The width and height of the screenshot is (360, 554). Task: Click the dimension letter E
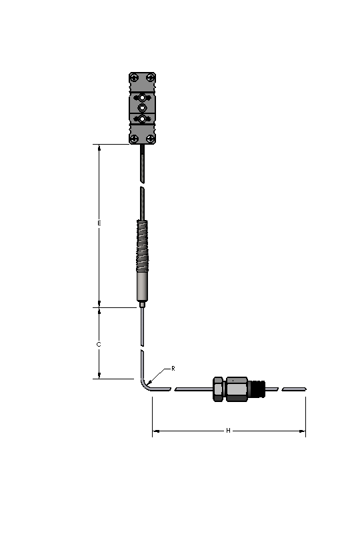[x=99, y=223]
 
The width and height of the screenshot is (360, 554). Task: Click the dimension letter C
[x=99, y=345]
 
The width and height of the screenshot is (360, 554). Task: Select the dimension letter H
[x=228, y=431]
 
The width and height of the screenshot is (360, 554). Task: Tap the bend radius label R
[x=173, y=368]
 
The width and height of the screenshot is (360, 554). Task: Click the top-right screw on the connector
[x=151, y=77]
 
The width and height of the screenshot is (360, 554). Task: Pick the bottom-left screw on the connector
[x=134, y=138]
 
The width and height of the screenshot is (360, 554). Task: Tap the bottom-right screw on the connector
[x=151, y=138]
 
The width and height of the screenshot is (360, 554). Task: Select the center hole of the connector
[x=143, y=107]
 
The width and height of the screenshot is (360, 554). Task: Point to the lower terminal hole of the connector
[x=143, y=119]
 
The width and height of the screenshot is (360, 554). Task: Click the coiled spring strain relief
[x=143, y=247]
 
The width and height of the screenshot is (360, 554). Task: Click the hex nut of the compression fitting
[x=218, y=389]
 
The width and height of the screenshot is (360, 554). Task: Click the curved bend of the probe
[x=145, y=384]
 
